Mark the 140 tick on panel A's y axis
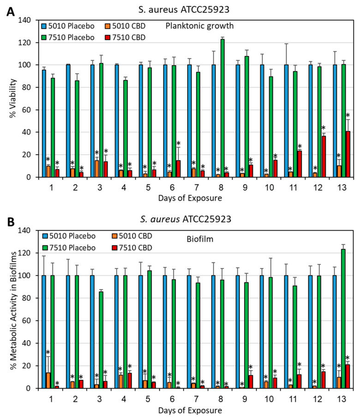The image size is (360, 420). pyautogui.click(x=24, y=20)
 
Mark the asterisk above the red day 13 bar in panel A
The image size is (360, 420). pyautogui.click(x=348, y=115)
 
